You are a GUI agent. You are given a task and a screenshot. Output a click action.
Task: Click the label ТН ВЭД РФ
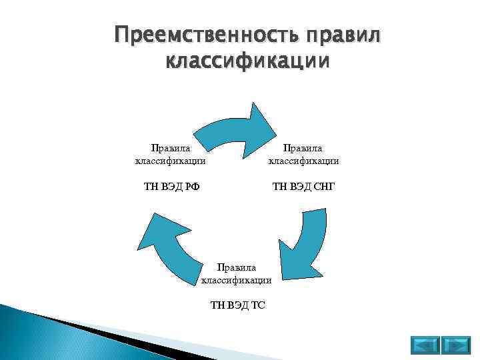170,185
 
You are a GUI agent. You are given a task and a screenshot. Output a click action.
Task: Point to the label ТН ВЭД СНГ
303,185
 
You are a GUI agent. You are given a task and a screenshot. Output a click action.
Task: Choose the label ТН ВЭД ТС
237,305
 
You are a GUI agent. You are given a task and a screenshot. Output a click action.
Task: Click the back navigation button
424,345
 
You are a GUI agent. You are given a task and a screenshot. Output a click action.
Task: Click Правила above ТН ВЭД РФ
170,148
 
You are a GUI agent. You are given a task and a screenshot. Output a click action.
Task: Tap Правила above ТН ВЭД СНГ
303,148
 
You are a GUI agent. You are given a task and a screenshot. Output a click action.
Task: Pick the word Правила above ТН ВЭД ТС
237,268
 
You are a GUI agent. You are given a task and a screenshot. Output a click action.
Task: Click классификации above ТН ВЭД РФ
170,160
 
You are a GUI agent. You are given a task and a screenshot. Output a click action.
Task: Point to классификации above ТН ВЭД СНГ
303,160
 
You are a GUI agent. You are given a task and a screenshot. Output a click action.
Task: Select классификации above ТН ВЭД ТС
237,280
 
